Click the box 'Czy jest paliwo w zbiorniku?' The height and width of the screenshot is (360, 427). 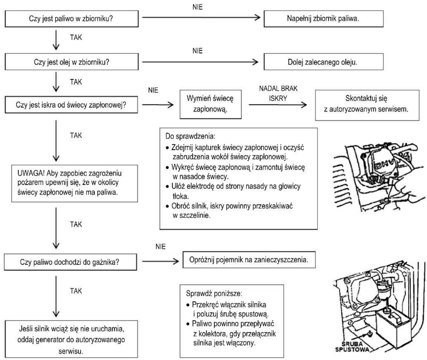click(71, 19)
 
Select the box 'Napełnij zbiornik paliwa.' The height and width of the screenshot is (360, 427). click(323, 19)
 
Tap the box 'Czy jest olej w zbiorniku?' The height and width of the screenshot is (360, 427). click(71, 62)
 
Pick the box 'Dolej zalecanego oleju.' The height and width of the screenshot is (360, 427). click(323, 62)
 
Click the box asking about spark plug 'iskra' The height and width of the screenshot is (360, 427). click(71, 105)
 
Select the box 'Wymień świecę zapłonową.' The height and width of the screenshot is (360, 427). click(211, 104)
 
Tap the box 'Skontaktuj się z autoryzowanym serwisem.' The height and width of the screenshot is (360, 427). click(367, 105)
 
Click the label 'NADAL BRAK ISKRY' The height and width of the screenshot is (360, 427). click(278, 93)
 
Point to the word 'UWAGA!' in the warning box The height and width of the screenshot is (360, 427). click(31, 173)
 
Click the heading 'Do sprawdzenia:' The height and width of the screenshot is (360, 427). click(190, 136)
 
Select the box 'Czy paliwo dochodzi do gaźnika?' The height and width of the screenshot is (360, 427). click(70, 262)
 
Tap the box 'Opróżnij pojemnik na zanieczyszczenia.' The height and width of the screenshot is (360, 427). click(249, 260)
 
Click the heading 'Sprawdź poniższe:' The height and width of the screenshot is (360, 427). click(214, 294)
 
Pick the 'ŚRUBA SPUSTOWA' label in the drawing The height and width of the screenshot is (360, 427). click(352, 346)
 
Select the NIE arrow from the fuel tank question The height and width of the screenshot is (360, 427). click(201, 17)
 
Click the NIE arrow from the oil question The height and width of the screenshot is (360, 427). click(200, 62)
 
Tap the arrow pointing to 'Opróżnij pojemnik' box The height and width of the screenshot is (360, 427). click(160, 261)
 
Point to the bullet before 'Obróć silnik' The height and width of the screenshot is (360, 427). click(167, 206)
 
